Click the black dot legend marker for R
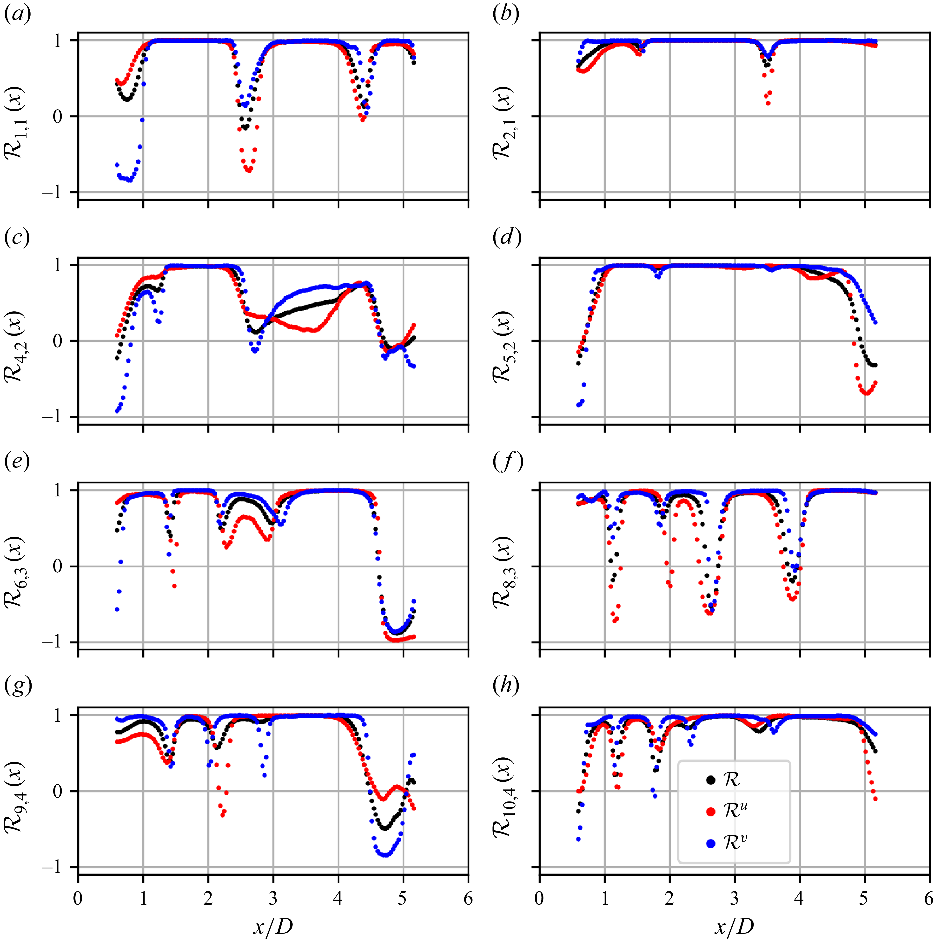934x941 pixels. click(710, 780)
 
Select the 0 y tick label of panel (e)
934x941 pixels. click(59, 566)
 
